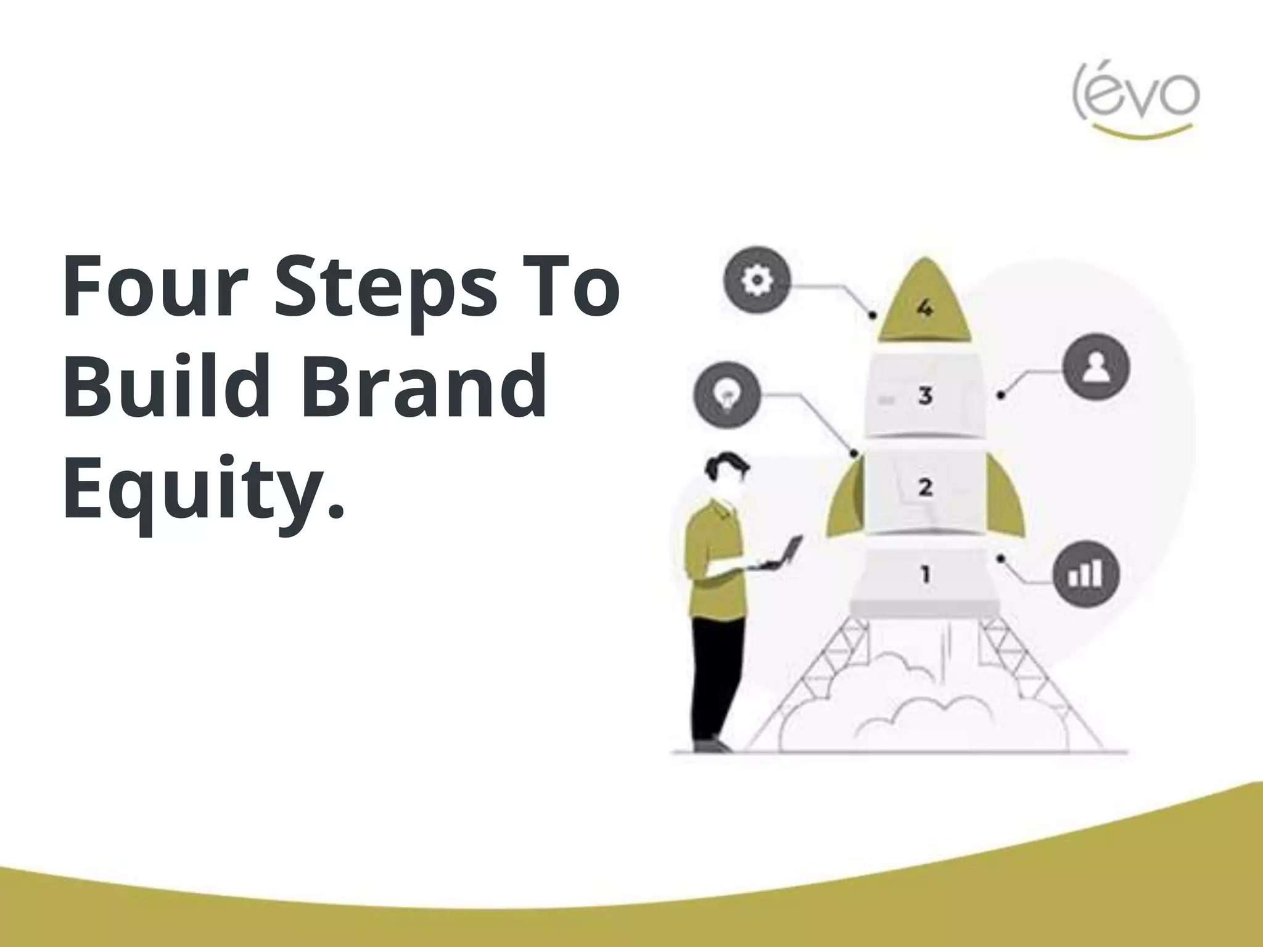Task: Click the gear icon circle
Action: (x=757, y=281)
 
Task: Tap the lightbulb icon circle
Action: (x=727, y=395)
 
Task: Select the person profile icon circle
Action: (x=1096, y=368)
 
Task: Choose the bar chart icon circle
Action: (x=1085, y=574)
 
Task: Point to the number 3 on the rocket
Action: (x=925, y=395)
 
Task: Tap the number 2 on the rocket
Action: (x=925, y=487)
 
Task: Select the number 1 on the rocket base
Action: (x=925, y=575)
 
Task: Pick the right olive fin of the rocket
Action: (x=1004, y=506)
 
